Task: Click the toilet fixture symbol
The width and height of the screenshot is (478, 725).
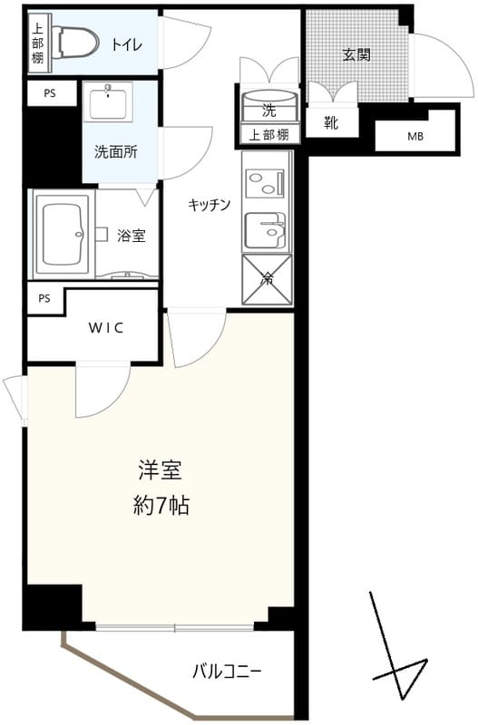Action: coord(73,41)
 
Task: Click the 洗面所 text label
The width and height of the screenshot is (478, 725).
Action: coord(116,152)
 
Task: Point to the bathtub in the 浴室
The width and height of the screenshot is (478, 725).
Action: coord(63,234)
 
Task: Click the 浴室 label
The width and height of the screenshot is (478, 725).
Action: coord(132,236)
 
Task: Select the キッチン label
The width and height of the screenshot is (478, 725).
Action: coord(210,204)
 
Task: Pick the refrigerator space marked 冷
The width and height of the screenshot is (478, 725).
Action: coord(268,279)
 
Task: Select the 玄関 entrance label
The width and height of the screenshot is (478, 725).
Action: coord(356,54)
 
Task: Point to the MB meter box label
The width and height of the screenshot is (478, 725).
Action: coord(415,137)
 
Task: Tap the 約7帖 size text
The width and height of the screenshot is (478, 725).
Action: coord(161,506)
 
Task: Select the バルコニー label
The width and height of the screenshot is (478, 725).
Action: coord(227,672)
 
